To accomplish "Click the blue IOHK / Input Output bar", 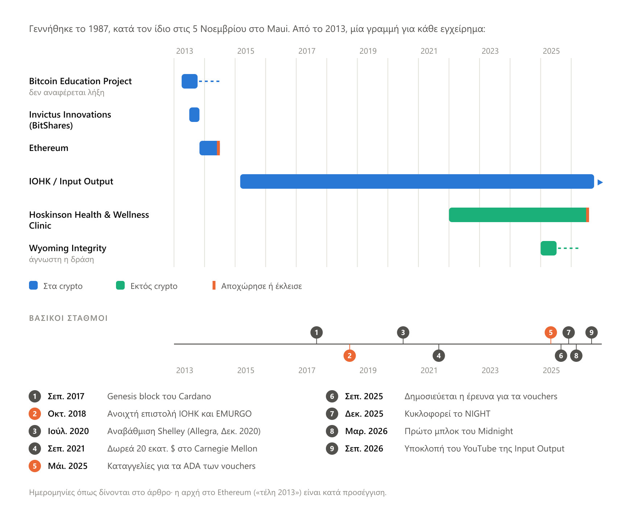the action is [x=417, y=181].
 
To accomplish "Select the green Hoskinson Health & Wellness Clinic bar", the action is [x=518, y=215].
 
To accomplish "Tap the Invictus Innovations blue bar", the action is [x=194, y=115].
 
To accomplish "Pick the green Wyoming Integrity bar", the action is [x=548, y=248].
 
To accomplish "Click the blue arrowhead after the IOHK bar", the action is [x=600, y=182].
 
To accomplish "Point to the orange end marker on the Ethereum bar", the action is [x=219, y=148].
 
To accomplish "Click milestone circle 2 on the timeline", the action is [x=349, y=356].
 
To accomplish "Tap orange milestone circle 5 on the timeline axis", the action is [x=551, y=332].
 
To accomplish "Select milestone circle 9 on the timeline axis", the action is [x=592, y=332].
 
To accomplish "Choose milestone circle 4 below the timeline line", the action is [x=439, y=356].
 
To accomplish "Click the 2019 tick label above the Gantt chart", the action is [x=368, y=51].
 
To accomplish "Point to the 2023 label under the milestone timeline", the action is [x=490, y=371].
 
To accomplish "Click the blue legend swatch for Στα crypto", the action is [x=33, y=285].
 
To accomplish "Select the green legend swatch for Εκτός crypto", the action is [x=120, y=285].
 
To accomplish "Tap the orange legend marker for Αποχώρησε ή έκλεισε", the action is [x=214, y=285].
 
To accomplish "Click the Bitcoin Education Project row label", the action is [x=80, y=81].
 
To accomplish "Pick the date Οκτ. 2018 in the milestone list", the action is [x=67, y=414].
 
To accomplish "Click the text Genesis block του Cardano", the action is [x=159, y=396].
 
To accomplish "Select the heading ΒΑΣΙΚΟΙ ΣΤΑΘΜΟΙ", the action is [x=68, y=318].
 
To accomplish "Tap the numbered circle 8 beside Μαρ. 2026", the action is [x=332, y=431].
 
